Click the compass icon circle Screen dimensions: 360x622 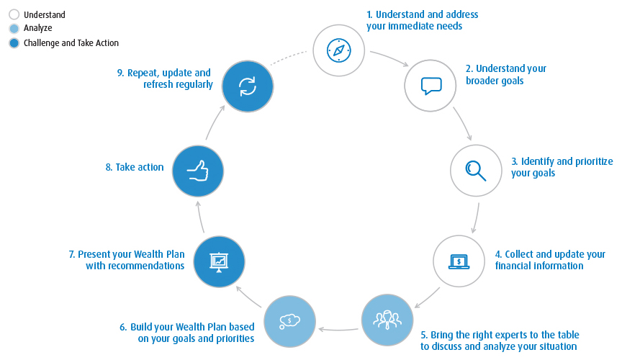point(338,50)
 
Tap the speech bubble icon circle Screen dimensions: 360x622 point(431,86)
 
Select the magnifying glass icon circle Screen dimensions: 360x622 point(476,170)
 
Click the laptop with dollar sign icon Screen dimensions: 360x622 point(459,261)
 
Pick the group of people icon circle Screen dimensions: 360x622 point(387,319)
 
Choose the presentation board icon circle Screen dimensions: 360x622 point(219,261)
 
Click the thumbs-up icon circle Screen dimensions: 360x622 point(198,171)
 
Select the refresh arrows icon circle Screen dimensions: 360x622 point(247,86)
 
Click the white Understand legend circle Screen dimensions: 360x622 point(14,14)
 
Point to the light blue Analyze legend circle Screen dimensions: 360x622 point(14,29)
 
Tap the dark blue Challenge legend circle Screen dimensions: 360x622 point(14,43)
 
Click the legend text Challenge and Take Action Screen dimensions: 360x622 point(71,43)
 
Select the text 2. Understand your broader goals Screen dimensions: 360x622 point(505,75)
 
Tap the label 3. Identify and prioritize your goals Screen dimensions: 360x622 point(562,167)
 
